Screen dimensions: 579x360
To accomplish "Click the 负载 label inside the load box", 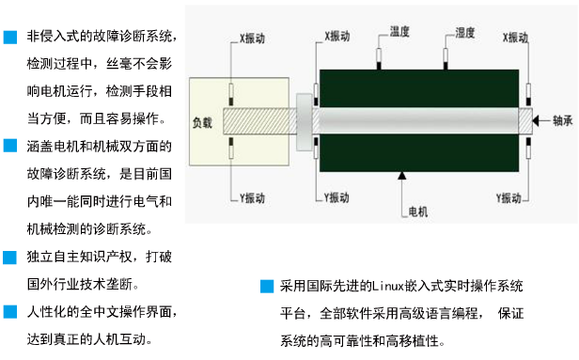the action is pyautogui.click(x=202, y=122).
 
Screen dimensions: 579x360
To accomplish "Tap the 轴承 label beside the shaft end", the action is pyautogui.click(x=562, y=120).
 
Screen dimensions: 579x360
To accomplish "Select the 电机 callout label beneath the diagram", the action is pyautogui.click(x=418, y=211).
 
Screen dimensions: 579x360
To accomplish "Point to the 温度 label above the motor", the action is pyautogui.click(x=399, y=31).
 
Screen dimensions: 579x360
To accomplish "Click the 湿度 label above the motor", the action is pyautogui.click(x=465, y=33).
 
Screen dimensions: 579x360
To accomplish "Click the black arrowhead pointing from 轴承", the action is pyautogui.click(x=536, y=120).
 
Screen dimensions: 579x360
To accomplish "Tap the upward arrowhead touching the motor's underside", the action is pyautogui.click(x=402, y=176).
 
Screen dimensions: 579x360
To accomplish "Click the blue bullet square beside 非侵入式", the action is pyautogui.click(x=10, y=38).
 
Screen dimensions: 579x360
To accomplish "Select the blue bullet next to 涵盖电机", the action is pyautogui.click(x=10, y=146).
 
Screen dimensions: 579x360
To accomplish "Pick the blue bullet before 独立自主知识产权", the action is pyautogui.click(x=10, y=258).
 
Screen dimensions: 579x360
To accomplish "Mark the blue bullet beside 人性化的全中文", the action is pyautogui.click(x=10, y=312).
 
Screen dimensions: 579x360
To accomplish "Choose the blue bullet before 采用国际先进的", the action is pyautogui.click(x=267, y=286).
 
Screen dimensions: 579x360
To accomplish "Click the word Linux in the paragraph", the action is pyautogui.click(x=387, y=286).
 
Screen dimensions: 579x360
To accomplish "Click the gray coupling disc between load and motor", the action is pyautogui.click(x=305, y=122).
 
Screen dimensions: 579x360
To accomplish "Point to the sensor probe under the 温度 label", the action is pyautogui.click(x=379, y=58).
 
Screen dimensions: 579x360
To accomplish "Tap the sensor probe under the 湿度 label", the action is pyautogui.click(x=446, y=58).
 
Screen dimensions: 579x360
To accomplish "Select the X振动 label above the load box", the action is pyautogui.click(x=253, y=38).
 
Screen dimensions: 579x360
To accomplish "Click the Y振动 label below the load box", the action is pyautogui.click(x=253, y=198).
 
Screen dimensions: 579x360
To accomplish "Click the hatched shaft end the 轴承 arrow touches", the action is pyautogui.click(x=525, y=120).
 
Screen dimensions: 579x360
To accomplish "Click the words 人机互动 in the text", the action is pyautogui.click(x=119, y=339).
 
